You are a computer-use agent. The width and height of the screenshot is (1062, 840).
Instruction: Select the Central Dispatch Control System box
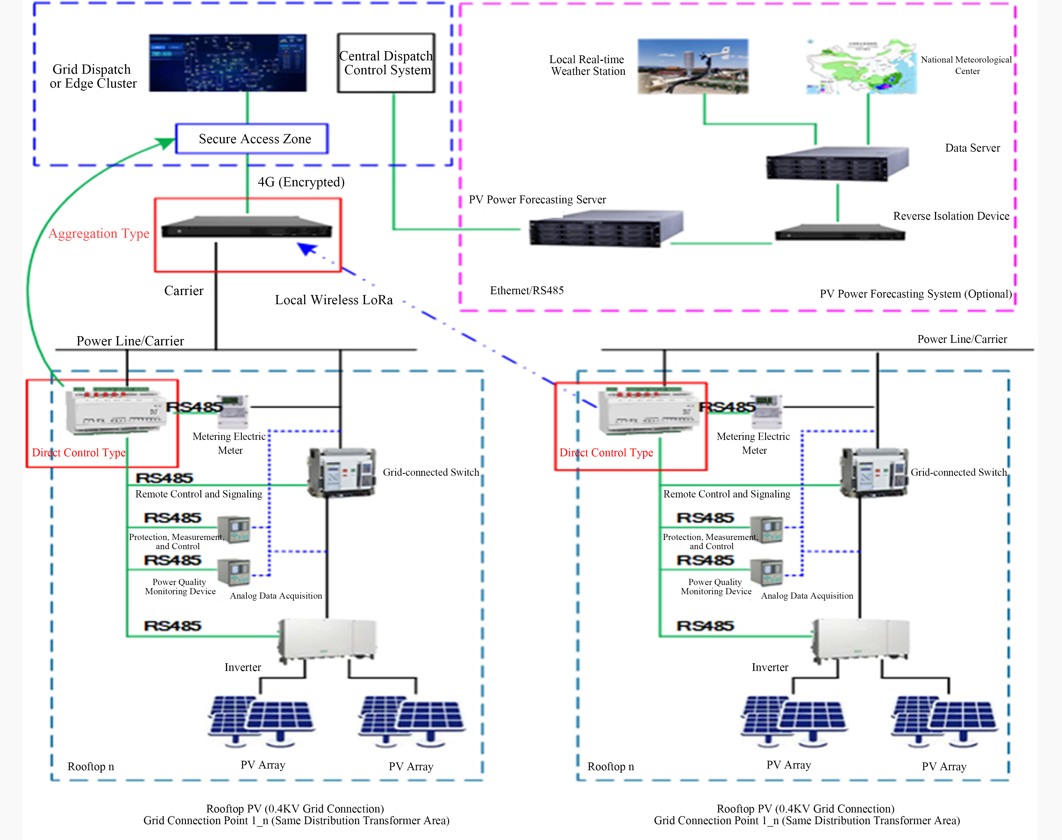pos(386,63)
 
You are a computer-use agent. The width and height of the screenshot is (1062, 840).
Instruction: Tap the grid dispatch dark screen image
pos(228,63)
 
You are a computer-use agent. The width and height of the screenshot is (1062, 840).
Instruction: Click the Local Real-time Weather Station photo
pos(693,66)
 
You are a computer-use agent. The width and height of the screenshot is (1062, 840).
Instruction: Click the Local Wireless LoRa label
pos(334,300)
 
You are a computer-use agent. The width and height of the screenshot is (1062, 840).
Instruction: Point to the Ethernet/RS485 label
pos(527,291)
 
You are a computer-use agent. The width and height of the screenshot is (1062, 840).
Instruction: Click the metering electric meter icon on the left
pos(233,411)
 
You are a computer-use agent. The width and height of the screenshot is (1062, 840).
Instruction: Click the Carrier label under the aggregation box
pos(183,291)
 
